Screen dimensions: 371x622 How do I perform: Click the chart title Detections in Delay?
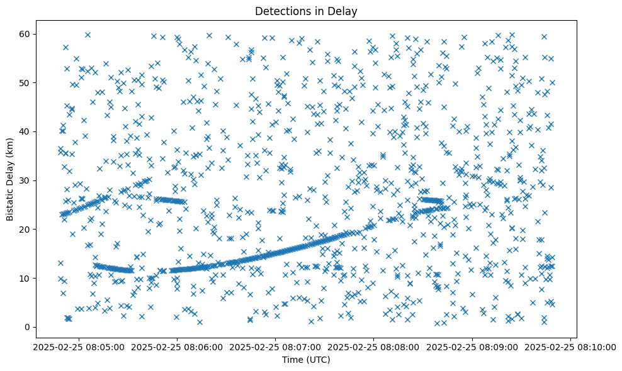(x=305, y=11)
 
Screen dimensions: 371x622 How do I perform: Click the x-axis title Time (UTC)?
(x=305, y=360)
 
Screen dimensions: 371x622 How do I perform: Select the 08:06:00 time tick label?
(x=176, y=346)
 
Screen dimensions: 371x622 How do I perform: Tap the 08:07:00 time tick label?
(x=275, y=346)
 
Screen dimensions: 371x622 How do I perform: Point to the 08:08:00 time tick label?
(x=374, y=346)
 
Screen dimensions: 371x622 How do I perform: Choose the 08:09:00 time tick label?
(x=473, y=346)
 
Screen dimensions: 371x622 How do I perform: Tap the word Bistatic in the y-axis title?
(x=10, y=199)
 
